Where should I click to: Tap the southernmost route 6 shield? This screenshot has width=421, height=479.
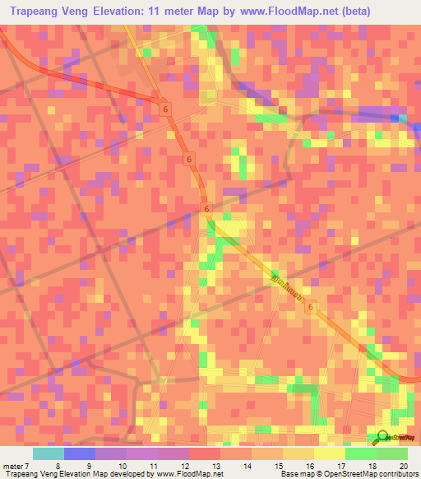[312, 306]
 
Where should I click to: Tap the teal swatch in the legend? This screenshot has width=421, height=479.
[48, 453]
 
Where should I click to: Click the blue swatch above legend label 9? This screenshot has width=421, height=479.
[79, 453]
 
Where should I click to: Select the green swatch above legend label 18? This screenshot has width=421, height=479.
[360, 453]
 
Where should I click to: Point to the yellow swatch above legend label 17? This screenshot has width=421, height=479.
[329, 453]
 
